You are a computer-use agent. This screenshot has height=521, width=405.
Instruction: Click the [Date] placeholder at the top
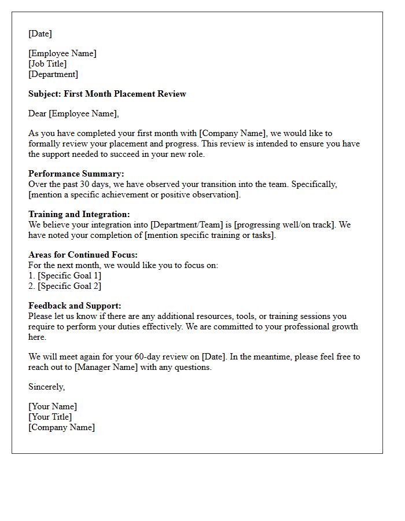click(x=40, y=34)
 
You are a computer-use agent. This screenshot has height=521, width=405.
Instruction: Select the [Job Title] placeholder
click(x=47, y=64)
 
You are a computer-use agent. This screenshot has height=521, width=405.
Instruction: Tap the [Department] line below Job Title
click(x=53, y=74)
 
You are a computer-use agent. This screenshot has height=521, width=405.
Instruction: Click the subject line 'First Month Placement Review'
click(x=125, y=94)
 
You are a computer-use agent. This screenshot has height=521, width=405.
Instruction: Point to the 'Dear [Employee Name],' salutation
click(x=73, y=113)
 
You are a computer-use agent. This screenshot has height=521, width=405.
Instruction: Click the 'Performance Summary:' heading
click(x=76, y=174)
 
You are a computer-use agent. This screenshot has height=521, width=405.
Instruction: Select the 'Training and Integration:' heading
click(x=79, y=214)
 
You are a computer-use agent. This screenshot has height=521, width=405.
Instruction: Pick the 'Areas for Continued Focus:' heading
click(x=83, y=255)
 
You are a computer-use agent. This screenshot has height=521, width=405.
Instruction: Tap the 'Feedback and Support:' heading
click(x=75, y=306)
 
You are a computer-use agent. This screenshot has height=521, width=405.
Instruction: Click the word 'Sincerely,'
click(x=46, y=387)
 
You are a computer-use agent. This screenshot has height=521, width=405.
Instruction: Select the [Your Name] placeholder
click(x=53, y=406)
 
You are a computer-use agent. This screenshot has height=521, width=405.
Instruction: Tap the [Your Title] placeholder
click(x=50, y=417)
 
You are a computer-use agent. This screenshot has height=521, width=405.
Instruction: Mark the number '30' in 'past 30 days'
click(x=86, y=184)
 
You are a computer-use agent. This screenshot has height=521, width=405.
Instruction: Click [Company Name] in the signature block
click(x=62, y=427)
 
